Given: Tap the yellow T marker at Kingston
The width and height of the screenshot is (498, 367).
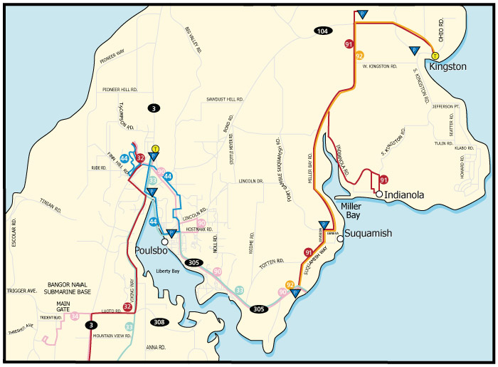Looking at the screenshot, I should click(435, 56).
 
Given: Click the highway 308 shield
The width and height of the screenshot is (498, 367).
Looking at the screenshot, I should click(160, 323).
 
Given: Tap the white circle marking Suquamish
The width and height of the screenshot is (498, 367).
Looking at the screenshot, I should click(340, 239).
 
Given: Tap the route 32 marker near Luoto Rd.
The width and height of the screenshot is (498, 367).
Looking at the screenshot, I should click(127, 307).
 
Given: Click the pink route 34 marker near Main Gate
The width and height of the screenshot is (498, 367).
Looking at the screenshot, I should click(75, 316).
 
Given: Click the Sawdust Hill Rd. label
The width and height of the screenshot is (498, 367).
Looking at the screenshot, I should click(226, 99).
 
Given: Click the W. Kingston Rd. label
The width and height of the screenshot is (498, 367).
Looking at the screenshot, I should click(379, 66).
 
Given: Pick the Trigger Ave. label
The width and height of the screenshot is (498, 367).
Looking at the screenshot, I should click(21, 291).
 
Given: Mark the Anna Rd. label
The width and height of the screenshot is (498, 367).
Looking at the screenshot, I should click(156, 347).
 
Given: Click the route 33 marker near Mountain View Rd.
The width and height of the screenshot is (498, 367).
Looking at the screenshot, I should click(129, 326).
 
